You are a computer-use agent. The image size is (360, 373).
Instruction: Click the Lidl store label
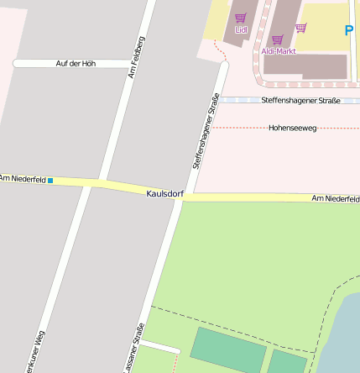point(241,30)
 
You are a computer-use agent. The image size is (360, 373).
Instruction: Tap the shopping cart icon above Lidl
point(241,18)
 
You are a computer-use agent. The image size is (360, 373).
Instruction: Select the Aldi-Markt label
point(278,51)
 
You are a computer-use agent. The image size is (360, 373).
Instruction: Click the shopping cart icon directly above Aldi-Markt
point(277,39)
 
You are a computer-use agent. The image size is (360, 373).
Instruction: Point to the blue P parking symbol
point(349,31)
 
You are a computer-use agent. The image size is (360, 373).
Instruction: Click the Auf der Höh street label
point(76,64)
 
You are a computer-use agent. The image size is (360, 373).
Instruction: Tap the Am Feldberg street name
point(137,57)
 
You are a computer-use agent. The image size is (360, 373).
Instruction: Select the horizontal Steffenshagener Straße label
point(300,101)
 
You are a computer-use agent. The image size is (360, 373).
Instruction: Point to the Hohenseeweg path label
point(292,129)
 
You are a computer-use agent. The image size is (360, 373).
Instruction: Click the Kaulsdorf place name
point(164,193)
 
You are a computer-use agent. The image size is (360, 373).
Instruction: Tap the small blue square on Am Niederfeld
point(50,181)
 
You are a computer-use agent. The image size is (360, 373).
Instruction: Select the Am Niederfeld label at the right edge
point(335,198)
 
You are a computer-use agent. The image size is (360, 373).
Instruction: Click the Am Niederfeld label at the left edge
point(21,178)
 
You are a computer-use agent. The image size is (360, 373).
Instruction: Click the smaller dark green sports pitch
point(288,363)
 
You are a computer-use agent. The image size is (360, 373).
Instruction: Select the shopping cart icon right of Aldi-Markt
point(300,28)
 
